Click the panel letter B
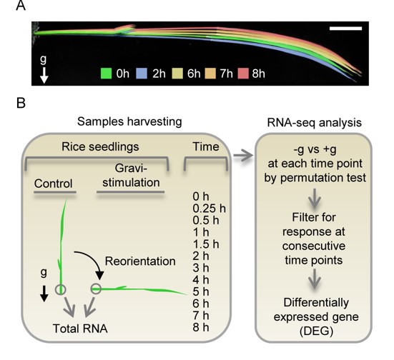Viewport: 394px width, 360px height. (21, 104)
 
